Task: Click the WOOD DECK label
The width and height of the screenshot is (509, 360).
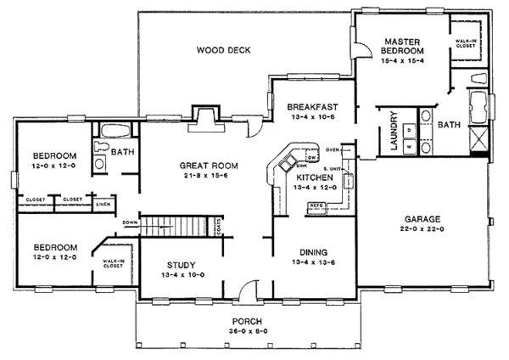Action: point(224,50)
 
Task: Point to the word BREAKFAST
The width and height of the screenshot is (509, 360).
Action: point(312,106)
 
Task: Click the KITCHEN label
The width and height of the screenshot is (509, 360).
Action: point(312,176)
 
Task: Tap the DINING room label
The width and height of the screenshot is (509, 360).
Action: point(312,251)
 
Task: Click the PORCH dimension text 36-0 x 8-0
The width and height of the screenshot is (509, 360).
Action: point(250,332)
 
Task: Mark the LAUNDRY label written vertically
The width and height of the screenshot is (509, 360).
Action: point(394,132)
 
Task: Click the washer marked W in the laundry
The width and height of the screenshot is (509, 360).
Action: point(410,147)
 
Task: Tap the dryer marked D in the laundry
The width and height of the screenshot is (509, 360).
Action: point(410,129)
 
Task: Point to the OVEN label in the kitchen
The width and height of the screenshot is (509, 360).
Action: point(332,150)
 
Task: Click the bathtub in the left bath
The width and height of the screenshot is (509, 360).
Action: point(118,132)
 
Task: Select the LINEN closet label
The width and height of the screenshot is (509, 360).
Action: point(103,205)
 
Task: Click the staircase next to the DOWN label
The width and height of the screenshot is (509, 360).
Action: point(175,226)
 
